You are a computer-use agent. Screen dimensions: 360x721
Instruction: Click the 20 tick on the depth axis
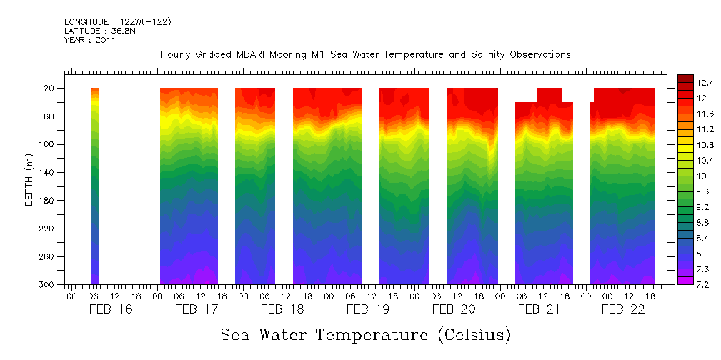coord(50,88)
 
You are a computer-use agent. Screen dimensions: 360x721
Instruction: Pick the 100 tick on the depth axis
coord(48,144)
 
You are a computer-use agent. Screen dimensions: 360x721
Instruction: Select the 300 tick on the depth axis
coord(48,285)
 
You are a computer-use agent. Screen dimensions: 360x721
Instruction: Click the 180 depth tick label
coord(48,201)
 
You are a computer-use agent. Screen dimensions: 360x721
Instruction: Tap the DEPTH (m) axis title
coord(29,186)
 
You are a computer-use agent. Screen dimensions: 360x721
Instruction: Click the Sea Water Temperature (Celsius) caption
coord(365,334)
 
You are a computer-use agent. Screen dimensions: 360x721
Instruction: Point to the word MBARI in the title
coord(253,54)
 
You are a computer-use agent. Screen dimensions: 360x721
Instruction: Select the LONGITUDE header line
coord(118,22)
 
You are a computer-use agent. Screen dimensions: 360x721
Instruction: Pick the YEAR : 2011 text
coord(90,40)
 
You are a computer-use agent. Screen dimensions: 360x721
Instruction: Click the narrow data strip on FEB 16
coord(95,186)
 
